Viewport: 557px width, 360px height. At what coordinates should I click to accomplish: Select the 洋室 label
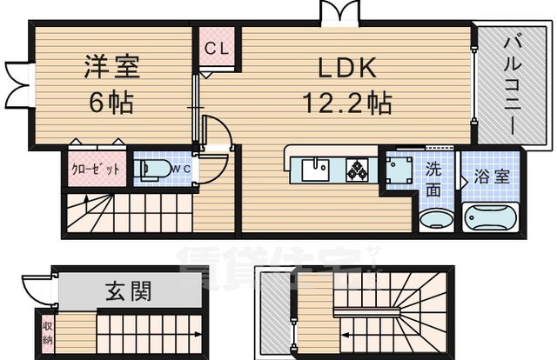pos(111,68)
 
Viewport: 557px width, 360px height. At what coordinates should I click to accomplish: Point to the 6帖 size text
pos(111,103)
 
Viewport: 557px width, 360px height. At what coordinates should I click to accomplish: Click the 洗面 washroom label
pos(433,177)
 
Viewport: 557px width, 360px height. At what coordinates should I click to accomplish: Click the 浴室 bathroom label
pos(493,177)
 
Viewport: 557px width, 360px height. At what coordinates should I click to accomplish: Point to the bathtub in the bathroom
pos(490,217)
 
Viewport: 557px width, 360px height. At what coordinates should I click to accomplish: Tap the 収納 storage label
pos(48,333)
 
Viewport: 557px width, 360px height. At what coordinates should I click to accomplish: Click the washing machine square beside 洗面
pos(401,170)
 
